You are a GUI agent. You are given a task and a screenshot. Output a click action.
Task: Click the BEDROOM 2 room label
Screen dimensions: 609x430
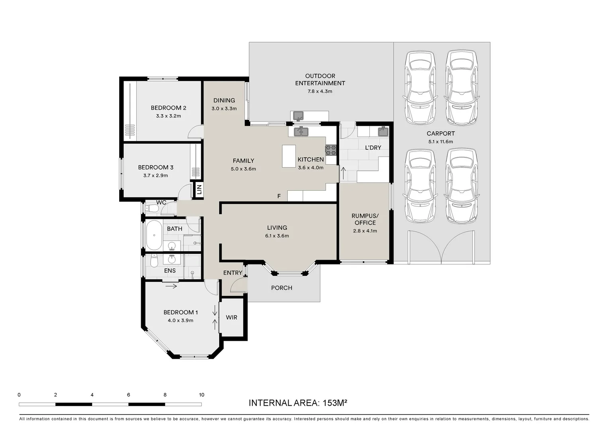coord(169,108)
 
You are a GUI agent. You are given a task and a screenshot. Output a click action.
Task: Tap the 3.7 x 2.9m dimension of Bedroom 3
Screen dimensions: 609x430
coord(155,176)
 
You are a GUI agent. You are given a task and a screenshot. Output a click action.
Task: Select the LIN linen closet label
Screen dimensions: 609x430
coord(199,190)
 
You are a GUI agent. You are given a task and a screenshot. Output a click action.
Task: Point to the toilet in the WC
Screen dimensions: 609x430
coord(152,209)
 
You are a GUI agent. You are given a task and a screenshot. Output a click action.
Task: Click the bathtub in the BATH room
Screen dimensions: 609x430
coord(154,235)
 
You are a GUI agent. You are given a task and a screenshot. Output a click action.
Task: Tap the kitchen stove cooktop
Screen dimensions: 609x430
coord(331,150)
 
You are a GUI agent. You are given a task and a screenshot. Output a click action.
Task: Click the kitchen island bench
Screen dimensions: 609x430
coord(289,156)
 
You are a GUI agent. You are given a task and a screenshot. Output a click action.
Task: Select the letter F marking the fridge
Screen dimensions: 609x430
coord(279,196)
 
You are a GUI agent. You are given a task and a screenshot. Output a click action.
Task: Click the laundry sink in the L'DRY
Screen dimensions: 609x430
coord(383,131)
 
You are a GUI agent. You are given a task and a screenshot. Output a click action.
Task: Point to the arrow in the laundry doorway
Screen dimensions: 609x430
coord(343,173)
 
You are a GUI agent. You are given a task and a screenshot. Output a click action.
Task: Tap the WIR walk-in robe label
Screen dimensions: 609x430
coord(232,317)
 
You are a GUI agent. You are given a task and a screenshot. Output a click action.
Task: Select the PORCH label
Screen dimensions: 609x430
coord(282,288)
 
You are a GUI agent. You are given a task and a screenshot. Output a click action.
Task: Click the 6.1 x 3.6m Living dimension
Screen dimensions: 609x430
coord(277,236)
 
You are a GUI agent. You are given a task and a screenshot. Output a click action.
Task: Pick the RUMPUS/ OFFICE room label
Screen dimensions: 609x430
coord(365,219)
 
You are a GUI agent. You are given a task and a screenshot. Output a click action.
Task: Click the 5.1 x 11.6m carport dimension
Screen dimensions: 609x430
coord(441,141)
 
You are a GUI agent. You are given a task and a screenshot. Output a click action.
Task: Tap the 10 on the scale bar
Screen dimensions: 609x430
coord(201,395)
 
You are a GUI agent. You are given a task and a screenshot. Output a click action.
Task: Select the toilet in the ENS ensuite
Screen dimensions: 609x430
coord(154,261)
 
